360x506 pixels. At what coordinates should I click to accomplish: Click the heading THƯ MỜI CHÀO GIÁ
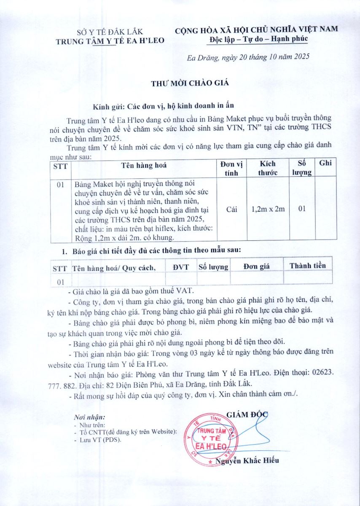pyautogui.click(x=190, y=83)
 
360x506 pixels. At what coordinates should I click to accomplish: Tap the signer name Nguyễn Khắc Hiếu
pyautogui.click(x=247, y=460)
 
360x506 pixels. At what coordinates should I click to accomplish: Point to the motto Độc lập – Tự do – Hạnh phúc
pyautogui.click(x=258, y=39)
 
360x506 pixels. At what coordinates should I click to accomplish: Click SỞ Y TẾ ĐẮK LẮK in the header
pyautogui.click(x=110, y=32)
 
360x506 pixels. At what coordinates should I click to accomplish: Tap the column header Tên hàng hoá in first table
pyautogui.click(x=144, y=165)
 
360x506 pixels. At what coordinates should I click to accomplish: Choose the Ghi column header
pyautogui.click(x=325, y=163)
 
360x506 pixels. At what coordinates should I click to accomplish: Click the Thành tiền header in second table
pyautogui.click(x=307, y=266)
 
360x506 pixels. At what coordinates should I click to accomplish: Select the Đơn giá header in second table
pyautogui.click(x=257, y=266)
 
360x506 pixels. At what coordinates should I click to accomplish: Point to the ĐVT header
pyautogui.click(x=181, y=266)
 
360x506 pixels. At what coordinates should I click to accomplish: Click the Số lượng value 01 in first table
pyautogui.click(x=301, y=208)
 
